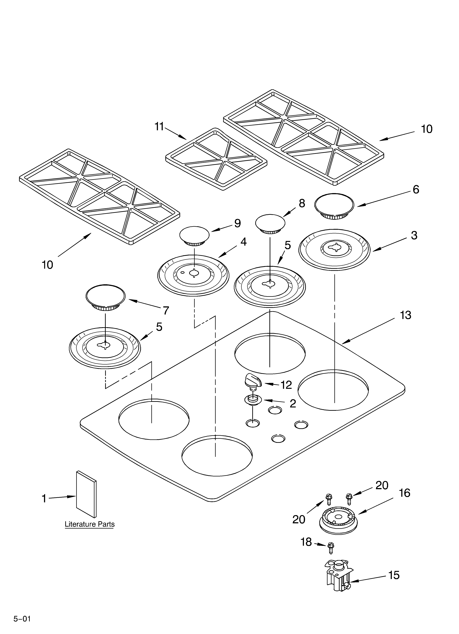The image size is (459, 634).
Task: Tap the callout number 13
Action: (405, 315)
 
